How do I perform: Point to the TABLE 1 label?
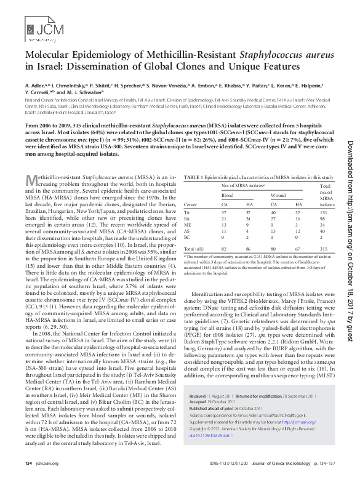(195, 177)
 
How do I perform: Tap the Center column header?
(190, 204)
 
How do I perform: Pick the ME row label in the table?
(187, 224)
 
